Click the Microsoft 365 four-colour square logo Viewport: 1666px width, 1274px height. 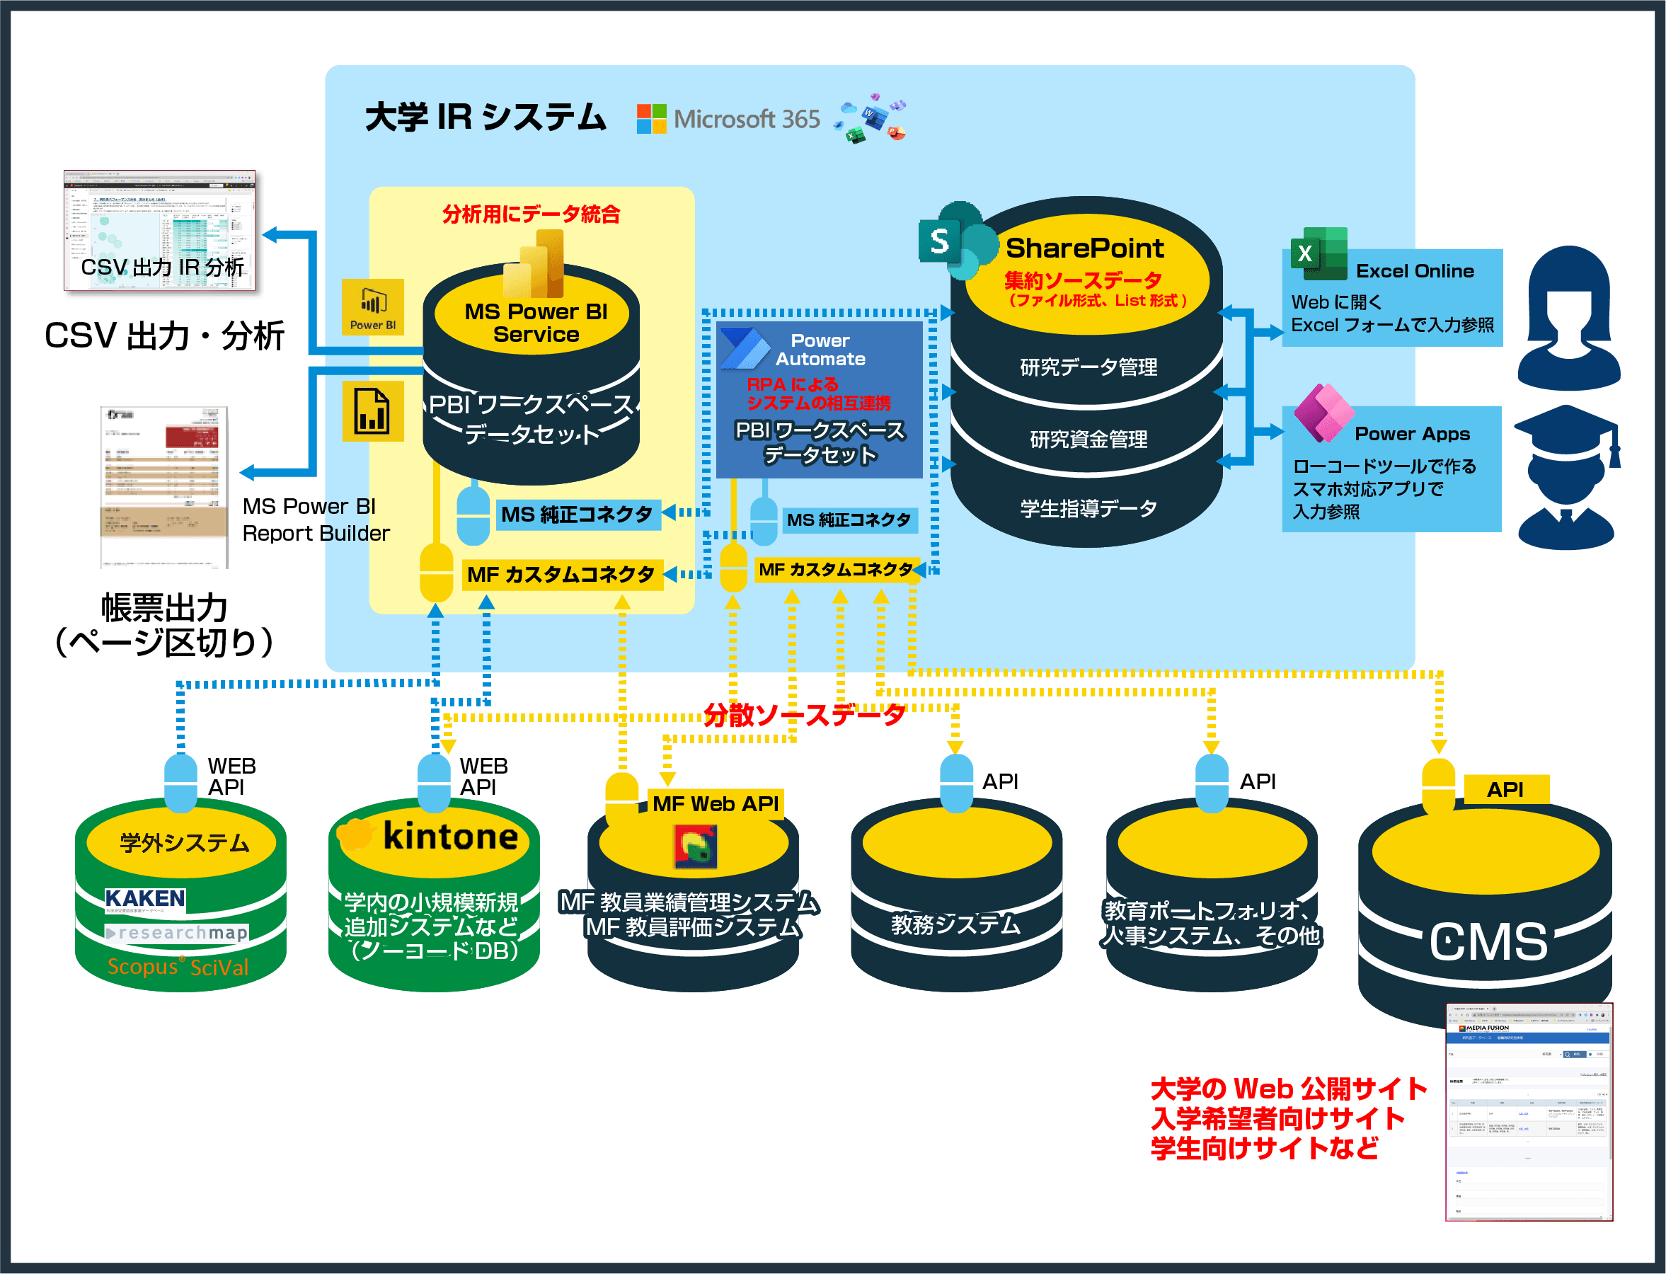[651, 119]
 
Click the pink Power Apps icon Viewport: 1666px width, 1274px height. [1323, 413]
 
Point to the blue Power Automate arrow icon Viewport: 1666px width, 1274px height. [745, 350]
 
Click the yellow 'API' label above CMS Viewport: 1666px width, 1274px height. [1505, 790]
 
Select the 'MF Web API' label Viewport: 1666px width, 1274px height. [715, 804]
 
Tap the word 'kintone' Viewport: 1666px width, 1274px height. [450, 837]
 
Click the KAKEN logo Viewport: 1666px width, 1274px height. [145, 900]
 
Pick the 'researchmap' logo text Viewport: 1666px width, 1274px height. [178, 933]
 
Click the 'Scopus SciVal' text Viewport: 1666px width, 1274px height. [178, 967]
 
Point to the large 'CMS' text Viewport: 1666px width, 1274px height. [1488, 942]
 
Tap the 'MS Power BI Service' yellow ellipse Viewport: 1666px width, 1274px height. [535, 323]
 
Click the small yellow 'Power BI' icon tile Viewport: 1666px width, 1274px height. [372, 307]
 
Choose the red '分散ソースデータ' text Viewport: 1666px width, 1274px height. [804, 715]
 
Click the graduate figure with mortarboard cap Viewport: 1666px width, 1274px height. [1567, 478]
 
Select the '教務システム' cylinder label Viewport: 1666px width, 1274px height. [955, 924]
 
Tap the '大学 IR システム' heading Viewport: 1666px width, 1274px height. [486, 117]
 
